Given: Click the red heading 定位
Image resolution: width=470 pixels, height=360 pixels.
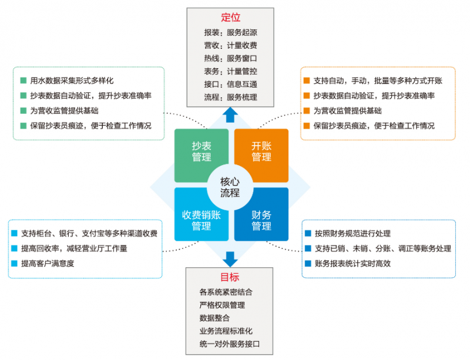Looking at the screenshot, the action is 230,18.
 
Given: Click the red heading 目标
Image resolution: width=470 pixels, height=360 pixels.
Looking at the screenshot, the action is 230,277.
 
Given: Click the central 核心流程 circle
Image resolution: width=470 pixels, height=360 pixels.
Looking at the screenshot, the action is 230,187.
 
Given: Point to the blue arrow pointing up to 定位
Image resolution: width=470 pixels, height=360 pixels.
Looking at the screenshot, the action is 230,115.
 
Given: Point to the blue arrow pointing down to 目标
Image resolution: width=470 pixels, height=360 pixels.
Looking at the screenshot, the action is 230,260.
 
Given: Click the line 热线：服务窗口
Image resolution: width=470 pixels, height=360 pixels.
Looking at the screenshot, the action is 230,59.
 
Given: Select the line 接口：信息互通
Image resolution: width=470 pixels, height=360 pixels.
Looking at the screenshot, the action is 230,84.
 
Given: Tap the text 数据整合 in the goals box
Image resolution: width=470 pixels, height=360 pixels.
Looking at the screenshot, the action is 214,318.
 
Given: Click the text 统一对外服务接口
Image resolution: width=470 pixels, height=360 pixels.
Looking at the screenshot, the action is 230,344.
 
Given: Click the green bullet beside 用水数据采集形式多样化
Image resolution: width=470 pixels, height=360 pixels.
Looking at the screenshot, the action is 23,80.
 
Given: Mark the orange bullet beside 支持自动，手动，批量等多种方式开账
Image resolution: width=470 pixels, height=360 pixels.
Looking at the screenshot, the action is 306,80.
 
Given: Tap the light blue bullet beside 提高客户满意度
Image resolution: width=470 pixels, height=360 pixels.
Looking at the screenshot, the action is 14,263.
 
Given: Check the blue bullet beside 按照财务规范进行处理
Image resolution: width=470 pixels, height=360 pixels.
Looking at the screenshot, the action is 308,233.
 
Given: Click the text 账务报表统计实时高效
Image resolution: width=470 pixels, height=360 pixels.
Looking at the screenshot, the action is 353,264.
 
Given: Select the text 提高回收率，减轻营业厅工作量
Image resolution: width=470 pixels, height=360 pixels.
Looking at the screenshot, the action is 74,248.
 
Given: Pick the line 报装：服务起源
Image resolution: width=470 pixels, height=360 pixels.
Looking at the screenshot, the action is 230,32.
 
